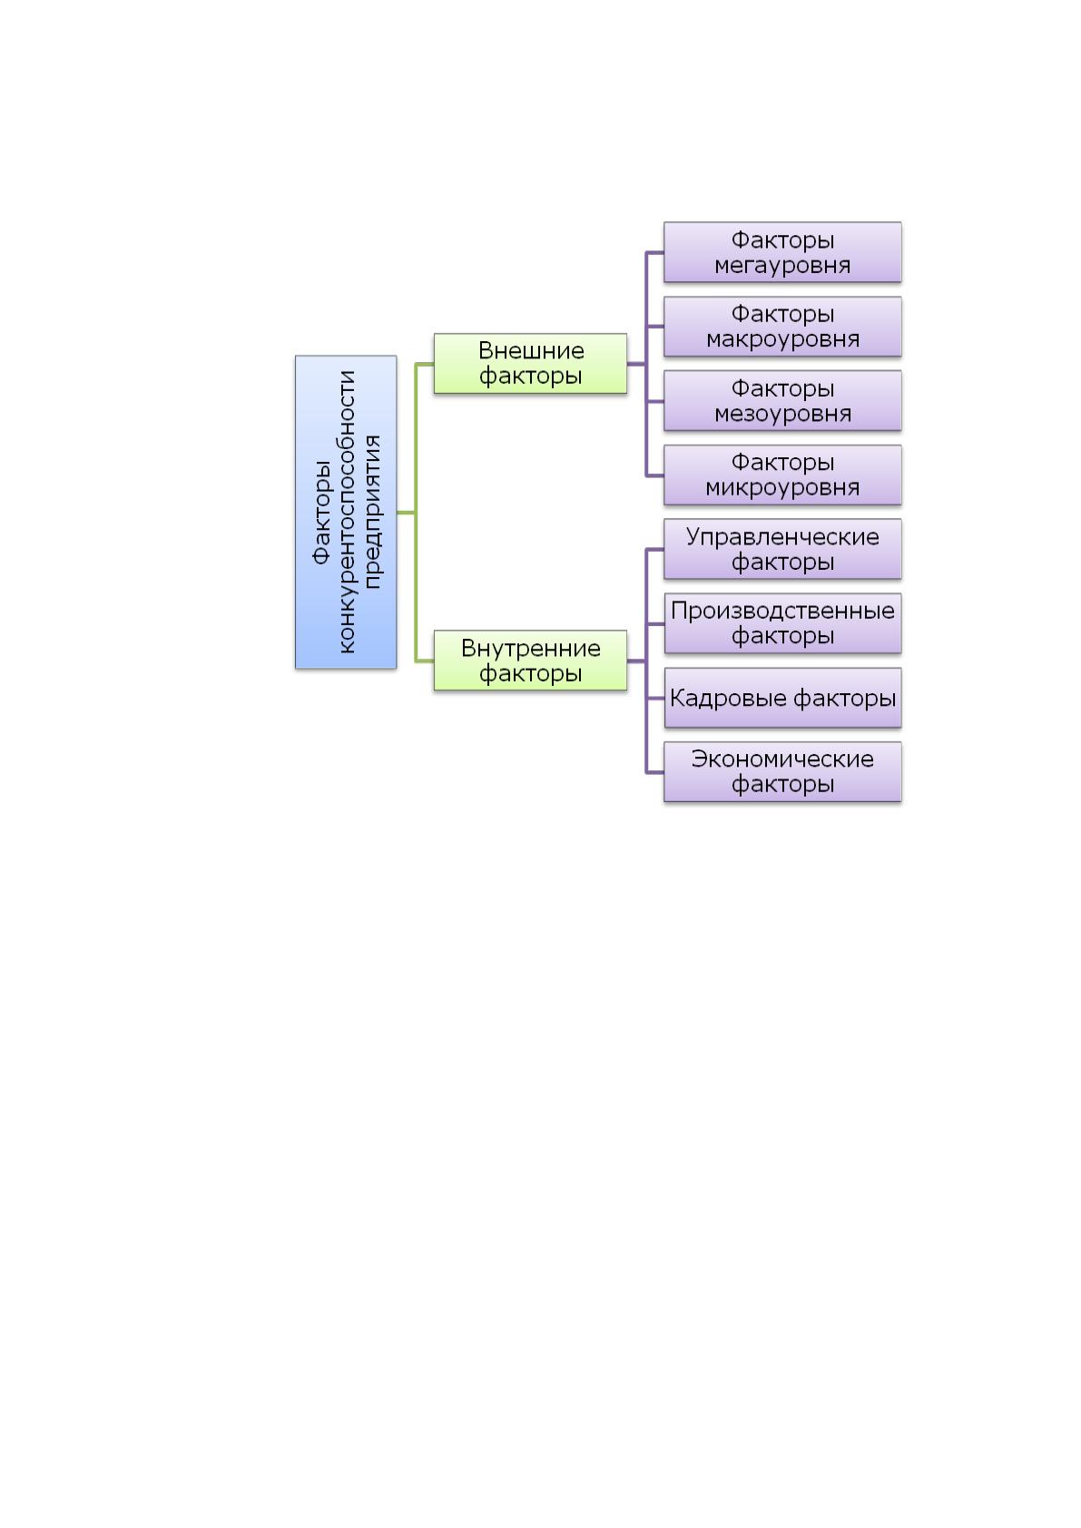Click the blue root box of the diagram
[x=345, y=512]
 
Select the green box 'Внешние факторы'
[x=530, y=363]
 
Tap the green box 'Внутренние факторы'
[x=530, y=661]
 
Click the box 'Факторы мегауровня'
[x=782, y=251]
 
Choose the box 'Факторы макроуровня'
[x=782, y=326]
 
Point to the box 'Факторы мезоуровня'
[x=782, y=400]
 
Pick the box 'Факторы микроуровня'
[x=782, y=475]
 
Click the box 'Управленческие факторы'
[x=782, y=549]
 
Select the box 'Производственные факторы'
[x=782, y=622]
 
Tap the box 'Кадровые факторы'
[x=782, y=698]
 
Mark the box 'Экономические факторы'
[x=782, y=771]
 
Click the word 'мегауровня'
[x=782, y=266]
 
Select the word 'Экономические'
[x=782, y=759]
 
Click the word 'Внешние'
[x=531, y=350]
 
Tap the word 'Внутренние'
[x=531, y=648]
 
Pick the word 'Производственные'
[x=782, y=611]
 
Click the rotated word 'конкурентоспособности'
[x=347, y=512]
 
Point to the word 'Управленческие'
[x=782, y=537]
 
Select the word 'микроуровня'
[x=782, y=488]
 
